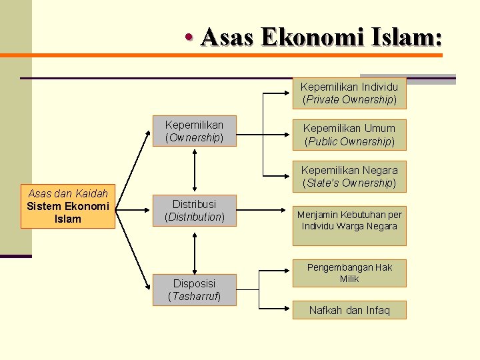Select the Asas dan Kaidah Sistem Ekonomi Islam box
[68, 207]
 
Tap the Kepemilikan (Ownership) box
[194, 131]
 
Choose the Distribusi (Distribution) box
[195, 210]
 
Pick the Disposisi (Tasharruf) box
[195, 290]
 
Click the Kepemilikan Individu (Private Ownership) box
[349, 93]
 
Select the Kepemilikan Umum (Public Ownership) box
[349, 135]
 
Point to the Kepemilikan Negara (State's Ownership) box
[349, 177]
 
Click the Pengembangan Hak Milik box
[349, 273]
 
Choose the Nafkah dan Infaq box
[349, 310]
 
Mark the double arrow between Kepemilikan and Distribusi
[195, 171]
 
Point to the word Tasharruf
[195, 296]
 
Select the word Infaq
[376, 310]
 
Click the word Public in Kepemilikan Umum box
[322, 141]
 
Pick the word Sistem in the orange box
[45, 207]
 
